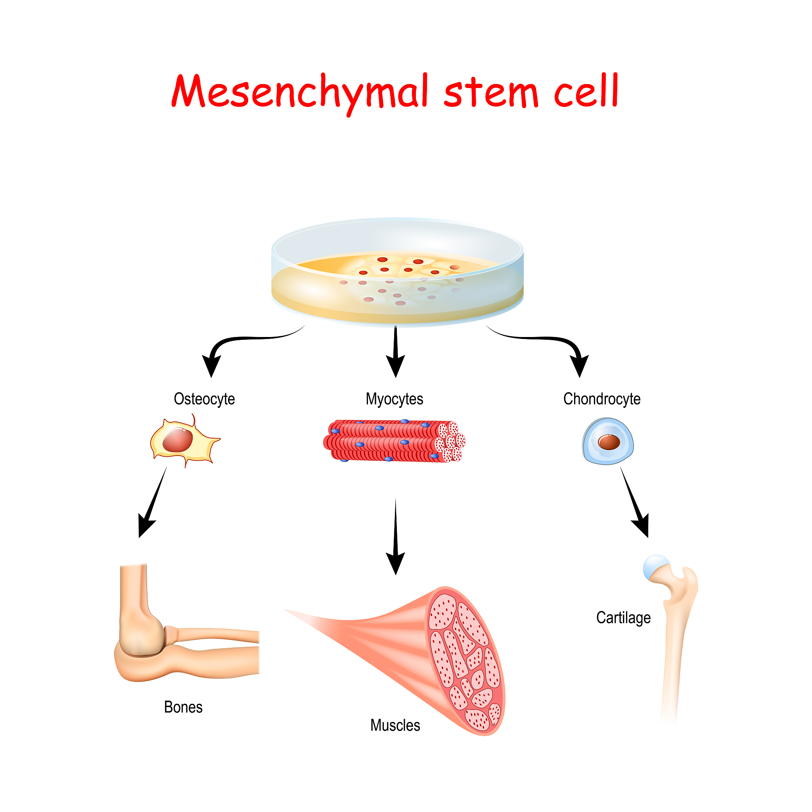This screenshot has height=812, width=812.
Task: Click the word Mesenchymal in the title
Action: coord(300,92)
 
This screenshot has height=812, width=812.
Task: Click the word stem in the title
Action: coord(491,92)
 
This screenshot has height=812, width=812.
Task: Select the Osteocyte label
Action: coord(204,399)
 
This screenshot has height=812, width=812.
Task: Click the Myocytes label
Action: coord(394,399)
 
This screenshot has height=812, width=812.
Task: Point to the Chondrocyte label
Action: coord(601,399)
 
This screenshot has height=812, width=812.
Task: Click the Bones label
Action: coord(183,707)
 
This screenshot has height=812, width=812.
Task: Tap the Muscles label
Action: coord(395,725)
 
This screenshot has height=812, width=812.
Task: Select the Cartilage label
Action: coord(623,617)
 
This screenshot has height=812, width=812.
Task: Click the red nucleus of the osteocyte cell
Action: coord(178,440)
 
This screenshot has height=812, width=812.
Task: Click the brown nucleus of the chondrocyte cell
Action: coord(609,442)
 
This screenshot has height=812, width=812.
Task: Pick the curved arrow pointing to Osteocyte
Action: coord(236,343)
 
